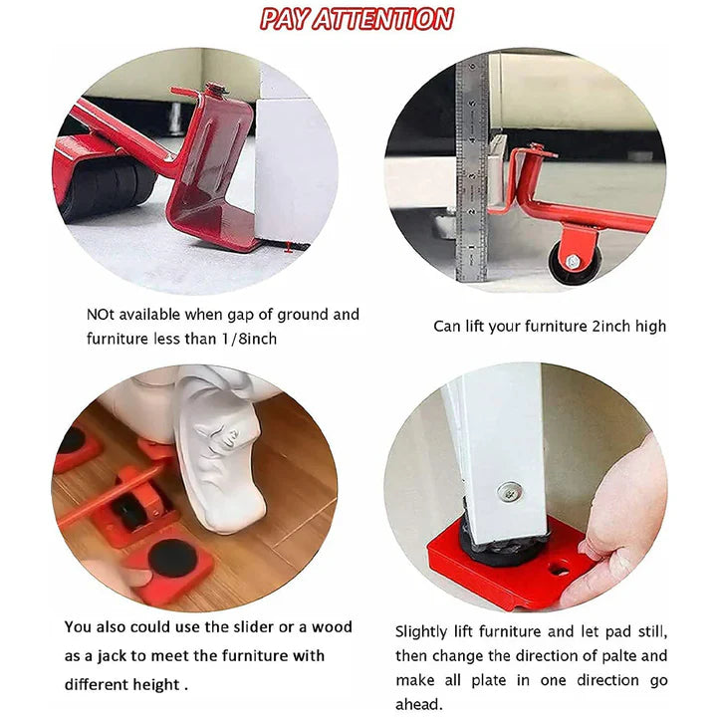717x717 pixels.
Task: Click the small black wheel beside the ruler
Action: [574, 260]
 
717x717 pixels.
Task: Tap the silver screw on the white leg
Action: [511, 490]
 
